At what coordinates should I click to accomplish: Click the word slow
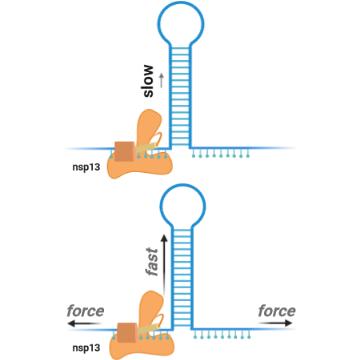click(x=149, y=81)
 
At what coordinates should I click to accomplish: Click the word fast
click(x=152, y=262)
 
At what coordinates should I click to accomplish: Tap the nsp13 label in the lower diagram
click(x=86, y=348)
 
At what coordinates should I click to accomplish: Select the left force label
click(x=85, y=311)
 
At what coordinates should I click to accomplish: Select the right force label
click(x=277, y=311)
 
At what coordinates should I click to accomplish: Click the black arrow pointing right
click(x=276, y=323)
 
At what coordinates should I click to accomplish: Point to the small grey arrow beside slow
click(x=162, y=81)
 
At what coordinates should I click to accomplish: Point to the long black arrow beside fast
click(x=164, y=263)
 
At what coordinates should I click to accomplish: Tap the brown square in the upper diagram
click(x=124, y=151)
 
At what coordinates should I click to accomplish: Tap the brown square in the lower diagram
click(x=127, y=333)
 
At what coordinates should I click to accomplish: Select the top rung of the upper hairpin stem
click(x=180, y=48)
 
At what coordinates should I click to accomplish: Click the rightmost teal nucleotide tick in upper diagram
click(x=248, y=153)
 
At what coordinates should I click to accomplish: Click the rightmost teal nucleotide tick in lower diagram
click(x=250, y=334)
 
